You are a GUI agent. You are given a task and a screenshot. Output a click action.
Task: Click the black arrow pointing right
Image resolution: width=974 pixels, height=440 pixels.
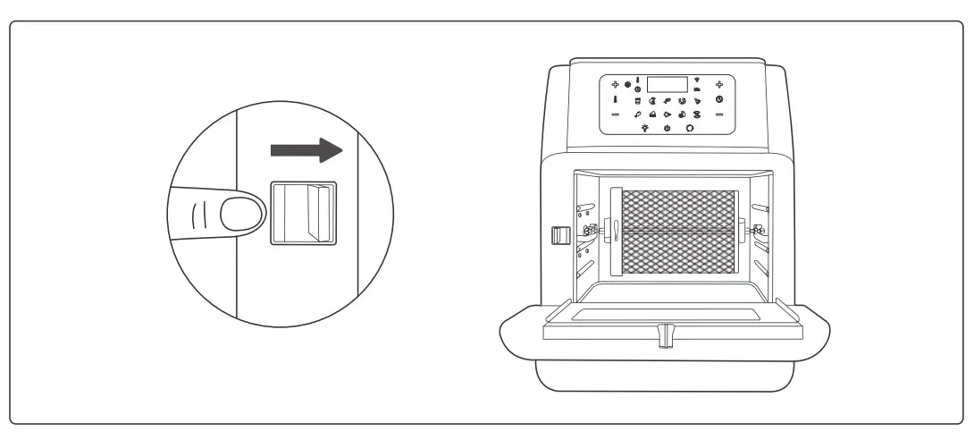[306, 150]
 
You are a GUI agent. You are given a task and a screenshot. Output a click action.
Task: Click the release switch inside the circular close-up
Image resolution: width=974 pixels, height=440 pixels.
[303, 214]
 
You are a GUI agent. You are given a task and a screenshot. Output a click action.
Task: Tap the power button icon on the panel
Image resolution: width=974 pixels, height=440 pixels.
[668, 129]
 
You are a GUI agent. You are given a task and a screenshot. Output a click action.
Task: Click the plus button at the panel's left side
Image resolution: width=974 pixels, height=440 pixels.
[616, 84]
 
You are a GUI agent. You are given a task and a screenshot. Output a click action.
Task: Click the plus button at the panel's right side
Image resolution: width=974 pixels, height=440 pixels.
[719, 84]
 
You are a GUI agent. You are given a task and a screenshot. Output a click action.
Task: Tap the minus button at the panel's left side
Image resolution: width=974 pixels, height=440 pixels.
[616, 114]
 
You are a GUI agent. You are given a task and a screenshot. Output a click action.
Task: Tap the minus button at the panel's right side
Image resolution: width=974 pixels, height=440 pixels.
[719, 114]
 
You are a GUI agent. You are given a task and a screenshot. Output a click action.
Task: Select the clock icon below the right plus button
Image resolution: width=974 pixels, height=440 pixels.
[719, 99]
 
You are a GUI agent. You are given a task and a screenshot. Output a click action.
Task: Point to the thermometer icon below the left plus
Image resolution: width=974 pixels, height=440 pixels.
[616, 99]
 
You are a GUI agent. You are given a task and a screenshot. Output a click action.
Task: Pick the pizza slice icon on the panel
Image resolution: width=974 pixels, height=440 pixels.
[697, 100]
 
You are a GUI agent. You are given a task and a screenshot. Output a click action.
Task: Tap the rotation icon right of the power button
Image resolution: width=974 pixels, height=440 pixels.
[690, 129]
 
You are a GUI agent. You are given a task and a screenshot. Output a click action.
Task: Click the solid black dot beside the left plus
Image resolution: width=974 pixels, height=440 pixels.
[628, 84]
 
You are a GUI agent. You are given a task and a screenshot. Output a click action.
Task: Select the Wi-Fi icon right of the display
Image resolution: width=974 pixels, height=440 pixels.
[697, 79]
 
